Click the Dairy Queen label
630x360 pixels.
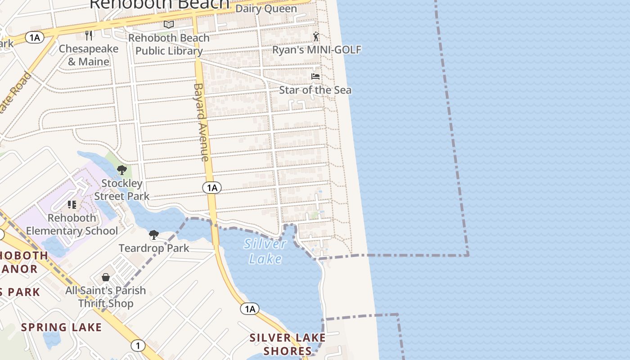tap(266, 9)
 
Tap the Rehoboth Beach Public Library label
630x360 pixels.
tap(169, 44)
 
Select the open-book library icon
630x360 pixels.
tap(169, 24)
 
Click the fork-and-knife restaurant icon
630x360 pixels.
tap(89, 36)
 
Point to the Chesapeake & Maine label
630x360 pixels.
tap(88, 55)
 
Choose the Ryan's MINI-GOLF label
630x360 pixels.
tap(316, 49)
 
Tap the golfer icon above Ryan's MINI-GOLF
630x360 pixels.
tap(316, 36)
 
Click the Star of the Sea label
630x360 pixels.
tap(315, 90)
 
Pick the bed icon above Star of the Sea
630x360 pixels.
tap(315, 76)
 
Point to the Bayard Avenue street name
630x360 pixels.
tap(201, 122)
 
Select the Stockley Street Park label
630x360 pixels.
tap(121, 189)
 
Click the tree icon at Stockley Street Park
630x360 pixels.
tap(121, 170)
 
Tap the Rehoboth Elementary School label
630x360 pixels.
tap(72, 224)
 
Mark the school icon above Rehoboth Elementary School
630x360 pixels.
tap(72, 205)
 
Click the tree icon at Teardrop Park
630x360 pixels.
tap(154, 234)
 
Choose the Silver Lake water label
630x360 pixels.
tap(265, 251)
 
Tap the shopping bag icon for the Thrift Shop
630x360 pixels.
tap(106, 277)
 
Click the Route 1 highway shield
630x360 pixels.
tap(138, 346)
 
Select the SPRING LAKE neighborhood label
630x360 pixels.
tap(61, 327)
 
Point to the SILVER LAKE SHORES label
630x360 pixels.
tap(288, 344)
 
